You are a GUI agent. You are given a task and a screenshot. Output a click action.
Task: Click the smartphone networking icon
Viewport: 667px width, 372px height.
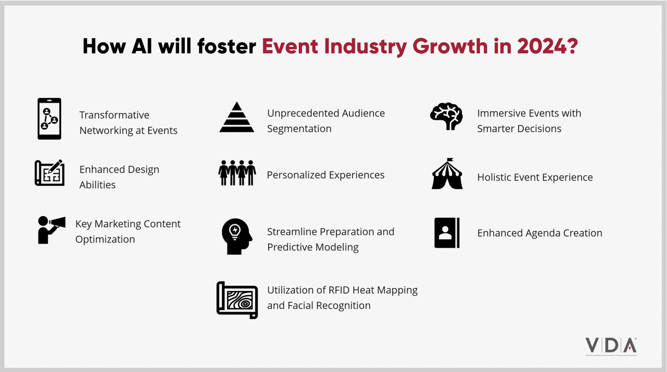(49, 119)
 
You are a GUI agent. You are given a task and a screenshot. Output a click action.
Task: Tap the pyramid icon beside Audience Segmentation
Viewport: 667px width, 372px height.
(237, 118)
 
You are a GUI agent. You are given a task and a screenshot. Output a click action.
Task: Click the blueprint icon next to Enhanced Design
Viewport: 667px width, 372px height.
(50, 173)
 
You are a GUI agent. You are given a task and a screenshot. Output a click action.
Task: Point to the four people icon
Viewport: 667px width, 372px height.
(237, 173)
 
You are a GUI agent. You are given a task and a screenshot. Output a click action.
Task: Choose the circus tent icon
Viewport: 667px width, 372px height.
(447, 174)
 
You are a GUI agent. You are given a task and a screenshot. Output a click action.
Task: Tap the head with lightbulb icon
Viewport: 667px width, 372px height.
(237, 236)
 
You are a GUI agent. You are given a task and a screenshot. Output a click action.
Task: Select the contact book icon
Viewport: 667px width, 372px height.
(447, 233)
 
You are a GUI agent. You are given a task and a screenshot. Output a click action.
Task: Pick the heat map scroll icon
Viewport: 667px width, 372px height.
(237, 300)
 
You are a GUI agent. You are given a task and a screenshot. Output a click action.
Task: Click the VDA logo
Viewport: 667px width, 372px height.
(610, 346)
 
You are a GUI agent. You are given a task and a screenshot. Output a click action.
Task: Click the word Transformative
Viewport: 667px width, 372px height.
(114, 115)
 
